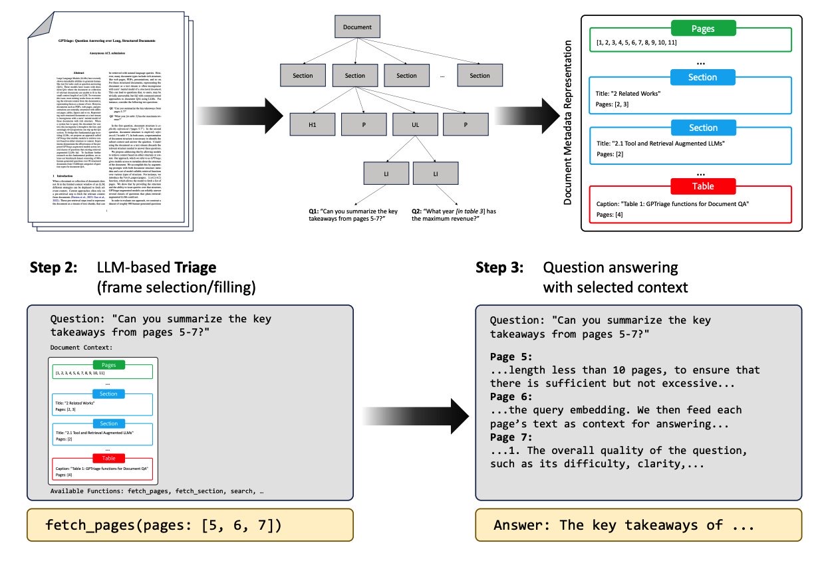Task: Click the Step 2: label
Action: tap(53, 268)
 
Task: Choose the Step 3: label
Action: tap(499, 268)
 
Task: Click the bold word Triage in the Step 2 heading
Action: tap(194, 268)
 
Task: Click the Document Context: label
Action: tap(82, 347)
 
